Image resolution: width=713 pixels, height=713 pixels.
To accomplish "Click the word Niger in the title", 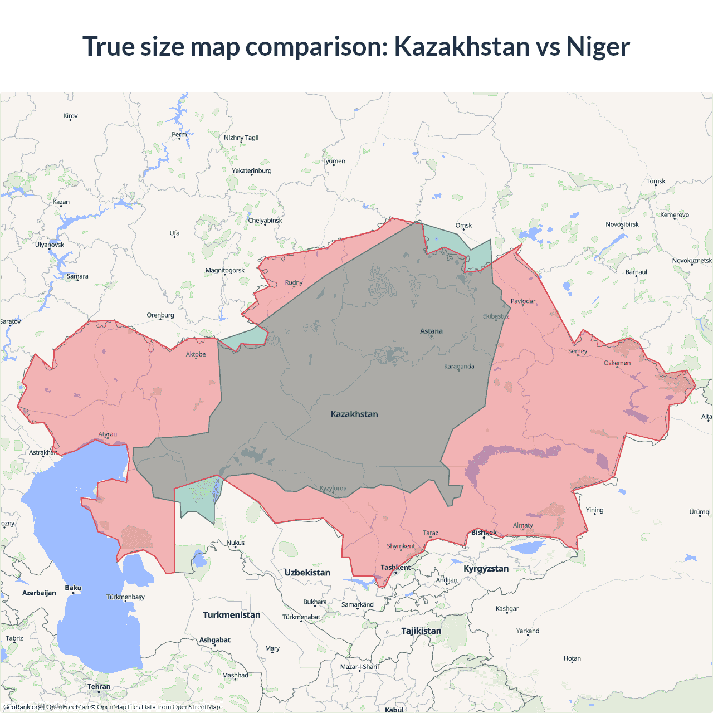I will [x=598, y=46].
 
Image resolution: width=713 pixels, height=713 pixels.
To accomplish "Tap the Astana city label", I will [x=431, y=331].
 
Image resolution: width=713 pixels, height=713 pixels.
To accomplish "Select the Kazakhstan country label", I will [x=354, y=414].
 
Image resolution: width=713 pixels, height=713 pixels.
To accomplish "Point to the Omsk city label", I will [x=463, y=226].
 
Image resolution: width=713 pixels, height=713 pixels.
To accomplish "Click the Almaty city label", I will [x=522, y=525].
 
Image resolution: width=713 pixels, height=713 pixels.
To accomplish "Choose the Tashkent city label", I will [x=395, y=568].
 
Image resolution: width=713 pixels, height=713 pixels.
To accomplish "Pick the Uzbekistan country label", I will [x=307, y=573].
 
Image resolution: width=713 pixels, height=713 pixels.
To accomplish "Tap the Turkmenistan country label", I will [x=232, y=615].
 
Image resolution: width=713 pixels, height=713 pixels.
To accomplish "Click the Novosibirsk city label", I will [x=622, y=224].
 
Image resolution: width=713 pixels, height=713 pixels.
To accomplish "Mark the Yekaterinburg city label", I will [x=252, y=171].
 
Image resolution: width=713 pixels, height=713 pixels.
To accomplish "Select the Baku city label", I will [x=73, y=588].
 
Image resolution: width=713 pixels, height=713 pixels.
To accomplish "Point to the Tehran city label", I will [x=99, y=687].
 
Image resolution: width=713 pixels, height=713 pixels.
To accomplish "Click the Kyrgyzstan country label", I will [x=486, y=569].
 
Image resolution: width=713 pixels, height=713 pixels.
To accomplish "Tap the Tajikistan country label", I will [x=421, y=631].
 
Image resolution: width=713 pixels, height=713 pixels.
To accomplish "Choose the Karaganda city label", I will [x=459, y=367].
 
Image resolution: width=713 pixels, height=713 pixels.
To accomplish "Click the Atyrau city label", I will [x=108, y=434].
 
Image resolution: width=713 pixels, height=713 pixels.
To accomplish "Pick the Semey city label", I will [x=578, y=351].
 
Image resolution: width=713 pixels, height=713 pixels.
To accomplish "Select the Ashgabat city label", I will [x=215, y=640].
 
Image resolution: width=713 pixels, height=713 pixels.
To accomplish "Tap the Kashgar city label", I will [x=507, y=609].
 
